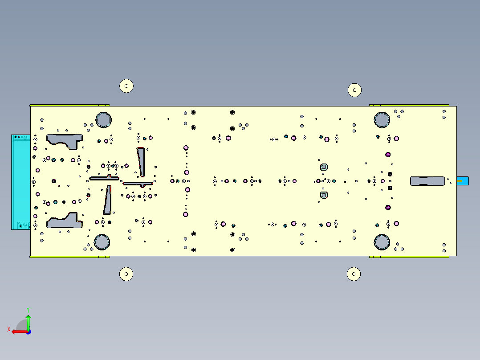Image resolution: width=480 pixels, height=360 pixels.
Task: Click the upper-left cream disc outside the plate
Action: [126, 86]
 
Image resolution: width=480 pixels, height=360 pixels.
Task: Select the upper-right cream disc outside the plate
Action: [354, 90]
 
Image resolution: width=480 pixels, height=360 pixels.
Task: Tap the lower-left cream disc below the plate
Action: [126, 274]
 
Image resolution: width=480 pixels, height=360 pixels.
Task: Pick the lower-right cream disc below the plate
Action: [354, 274]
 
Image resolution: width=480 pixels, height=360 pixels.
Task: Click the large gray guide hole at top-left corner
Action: [103, 120]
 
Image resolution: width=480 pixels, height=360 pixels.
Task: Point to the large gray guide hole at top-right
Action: [382, 120]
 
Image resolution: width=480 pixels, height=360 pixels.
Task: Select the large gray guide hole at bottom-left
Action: [102, 242]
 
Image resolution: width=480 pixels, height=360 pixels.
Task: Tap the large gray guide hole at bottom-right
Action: [382, 242]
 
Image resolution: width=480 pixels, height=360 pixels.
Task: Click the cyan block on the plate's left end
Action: [21, 182]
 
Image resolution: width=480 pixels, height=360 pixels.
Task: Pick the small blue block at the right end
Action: [463, 181]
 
